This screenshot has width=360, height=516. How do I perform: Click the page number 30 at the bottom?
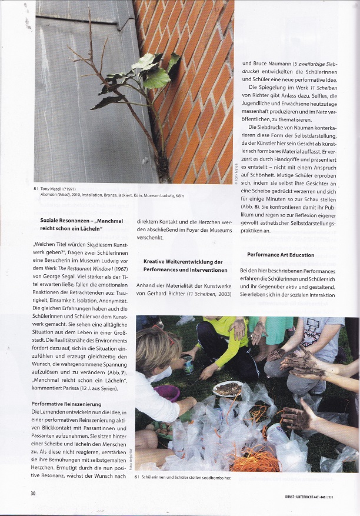click(x=34, y=493)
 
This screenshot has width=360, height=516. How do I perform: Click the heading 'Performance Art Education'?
click(x=281, y=255)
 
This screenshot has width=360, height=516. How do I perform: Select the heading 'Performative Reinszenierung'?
click(x=66, y=404)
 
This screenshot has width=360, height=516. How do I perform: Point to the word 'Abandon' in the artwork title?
click(x=49, y=195)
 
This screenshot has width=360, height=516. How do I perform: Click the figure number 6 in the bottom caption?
click(x=136, y=477)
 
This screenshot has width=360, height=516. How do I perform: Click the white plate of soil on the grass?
click(x=228, y=388)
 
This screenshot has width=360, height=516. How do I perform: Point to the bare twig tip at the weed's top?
click(x=90, y=13)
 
